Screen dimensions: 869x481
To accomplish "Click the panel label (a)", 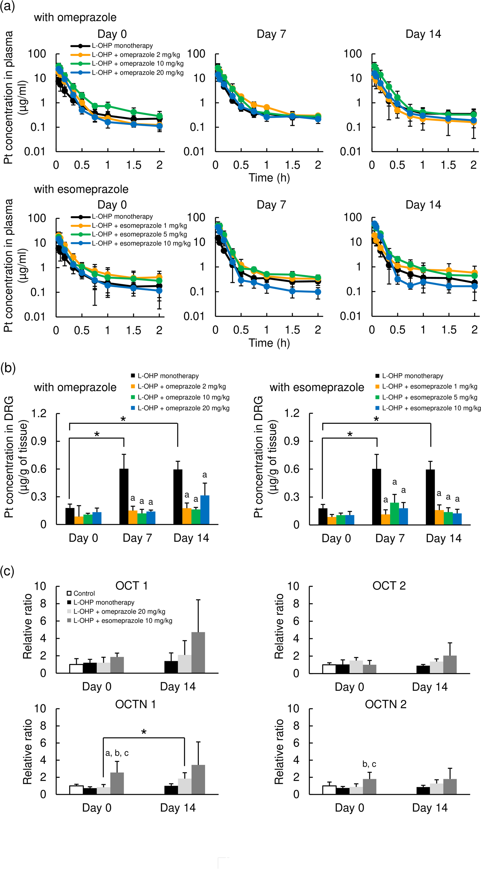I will [x=8, y=6].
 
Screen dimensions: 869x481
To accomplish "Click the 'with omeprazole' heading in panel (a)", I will [x=75, y=17].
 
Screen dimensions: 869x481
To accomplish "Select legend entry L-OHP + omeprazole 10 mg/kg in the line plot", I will [x=138, y=64].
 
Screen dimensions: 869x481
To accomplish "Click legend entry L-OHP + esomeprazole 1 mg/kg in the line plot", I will [x=139, y=225].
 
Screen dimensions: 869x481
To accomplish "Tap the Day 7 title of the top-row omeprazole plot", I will [x=271, y=34].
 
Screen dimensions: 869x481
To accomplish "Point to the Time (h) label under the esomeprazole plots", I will [x=269, y=343].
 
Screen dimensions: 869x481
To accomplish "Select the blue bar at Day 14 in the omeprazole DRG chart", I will [x=205, y=509].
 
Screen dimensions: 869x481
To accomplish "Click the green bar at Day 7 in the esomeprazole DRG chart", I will [x=394, y=513].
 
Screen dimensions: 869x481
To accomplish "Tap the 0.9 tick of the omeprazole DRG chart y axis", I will [x=38, y=441].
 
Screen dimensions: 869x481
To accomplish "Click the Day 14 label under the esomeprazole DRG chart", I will [x=443, y=538].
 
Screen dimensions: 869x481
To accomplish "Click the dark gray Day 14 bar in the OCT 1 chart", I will [x=198, y=652].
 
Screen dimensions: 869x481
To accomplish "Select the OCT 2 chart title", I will [x=389, y=586].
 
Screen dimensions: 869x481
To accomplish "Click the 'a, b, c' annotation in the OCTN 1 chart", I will [x=117, y=753].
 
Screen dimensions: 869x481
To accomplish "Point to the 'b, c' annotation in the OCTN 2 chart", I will [x=369, y=764].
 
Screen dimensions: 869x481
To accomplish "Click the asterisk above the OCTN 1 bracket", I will [x=144, y=732].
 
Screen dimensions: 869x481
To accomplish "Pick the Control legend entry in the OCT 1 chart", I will [x=81, y=593].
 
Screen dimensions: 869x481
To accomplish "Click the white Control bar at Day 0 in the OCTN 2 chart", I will [x=329, y=790].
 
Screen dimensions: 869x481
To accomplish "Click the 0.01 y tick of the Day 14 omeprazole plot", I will [x=350, y=152].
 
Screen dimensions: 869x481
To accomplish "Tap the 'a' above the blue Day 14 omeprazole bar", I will [x=204, y=475].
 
